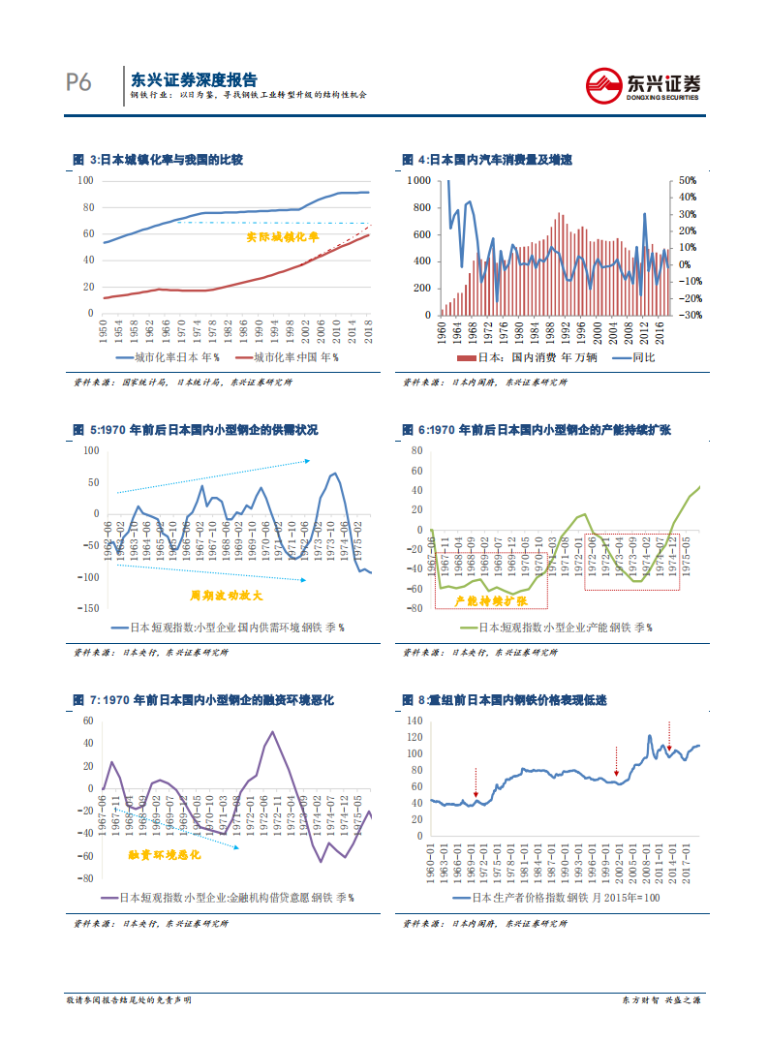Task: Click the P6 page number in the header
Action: [78, 84]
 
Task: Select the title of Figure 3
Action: [158, 160]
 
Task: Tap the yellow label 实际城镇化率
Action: [274, 235]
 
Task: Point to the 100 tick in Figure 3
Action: [85, 181]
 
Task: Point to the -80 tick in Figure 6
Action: [416, 608]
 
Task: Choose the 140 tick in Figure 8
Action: [415, 721]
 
